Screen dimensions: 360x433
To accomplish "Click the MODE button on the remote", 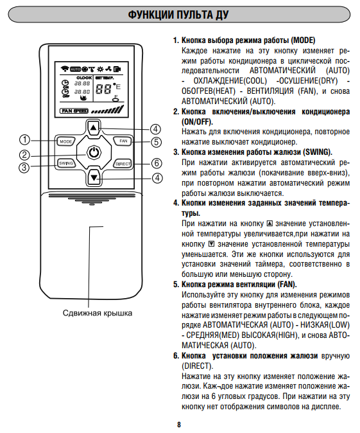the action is click(x=65, y=141).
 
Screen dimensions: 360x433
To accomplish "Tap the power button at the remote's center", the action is click(x=94, y=152).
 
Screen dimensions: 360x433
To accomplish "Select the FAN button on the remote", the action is click(x=123, y=141).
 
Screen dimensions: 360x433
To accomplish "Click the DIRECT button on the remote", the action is click(x=123, y=164).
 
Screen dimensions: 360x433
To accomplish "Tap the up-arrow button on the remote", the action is click(x=94, y=128).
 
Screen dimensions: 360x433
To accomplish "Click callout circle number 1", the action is click(x=24, y=139).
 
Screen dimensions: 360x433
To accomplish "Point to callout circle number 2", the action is click(x=24, y=155).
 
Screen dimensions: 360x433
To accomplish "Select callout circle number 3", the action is click(x=24, y=167).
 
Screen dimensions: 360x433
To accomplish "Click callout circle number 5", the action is click(x=156, y=142).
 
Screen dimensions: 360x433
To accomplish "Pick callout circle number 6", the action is click(x=157, y=163).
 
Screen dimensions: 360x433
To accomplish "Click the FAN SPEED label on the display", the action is click(x=74, y=110).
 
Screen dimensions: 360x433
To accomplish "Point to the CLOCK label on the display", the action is click(x=84, y=78).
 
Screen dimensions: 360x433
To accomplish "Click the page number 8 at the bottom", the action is click(x=179, y=425).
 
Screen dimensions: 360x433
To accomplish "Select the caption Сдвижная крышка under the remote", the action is click(x=98, y=313).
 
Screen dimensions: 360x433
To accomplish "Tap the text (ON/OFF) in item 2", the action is click(x=197, y=122).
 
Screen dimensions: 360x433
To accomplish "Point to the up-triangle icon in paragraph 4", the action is click(x=270, y=223).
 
